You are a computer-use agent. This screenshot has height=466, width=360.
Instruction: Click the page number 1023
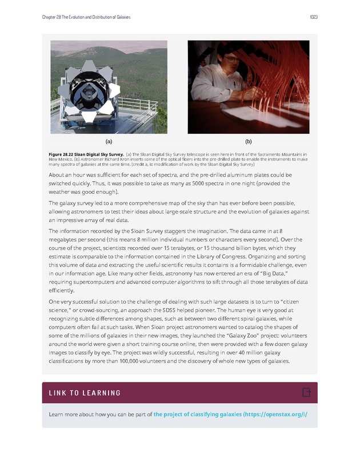coord(313,17)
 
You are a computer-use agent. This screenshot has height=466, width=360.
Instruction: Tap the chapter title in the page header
coord(86,17)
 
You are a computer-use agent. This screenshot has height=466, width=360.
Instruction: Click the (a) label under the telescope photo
coord(108,141)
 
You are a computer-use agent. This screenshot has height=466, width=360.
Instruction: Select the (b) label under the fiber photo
coord(249,141)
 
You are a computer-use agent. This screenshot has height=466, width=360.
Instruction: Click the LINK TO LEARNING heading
coord(85,393)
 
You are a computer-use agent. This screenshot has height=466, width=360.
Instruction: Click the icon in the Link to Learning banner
coord(306,392)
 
